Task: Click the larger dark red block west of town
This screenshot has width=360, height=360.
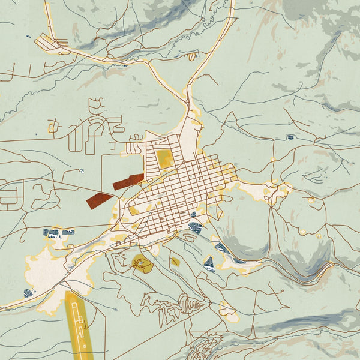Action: pyautogui.click(x=100, y=199)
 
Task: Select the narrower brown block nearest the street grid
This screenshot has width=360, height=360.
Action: pyautogui.click(x=128, y=182)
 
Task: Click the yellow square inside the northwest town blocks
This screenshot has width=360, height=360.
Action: pyautogui.click(x=163, y=158)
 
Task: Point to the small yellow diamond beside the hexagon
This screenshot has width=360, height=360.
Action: pyautogui.click(x=175, y=262)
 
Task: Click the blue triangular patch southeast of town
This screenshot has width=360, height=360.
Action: pyautogui.click(x=208, y=263)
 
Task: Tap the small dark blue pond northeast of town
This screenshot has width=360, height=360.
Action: pyautogui.click(x=290, y=137)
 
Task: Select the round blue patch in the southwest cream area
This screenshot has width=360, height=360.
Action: pyautogui.click(x=28, y=293)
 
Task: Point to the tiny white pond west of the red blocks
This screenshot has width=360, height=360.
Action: pyautogui.click(x=80, y=171)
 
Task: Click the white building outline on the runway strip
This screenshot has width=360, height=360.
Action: pyautogui.click(x=75, y=315)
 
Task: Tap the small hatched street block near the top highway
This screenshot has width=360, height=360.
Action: pyautogui.click(x=192, y=56)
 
